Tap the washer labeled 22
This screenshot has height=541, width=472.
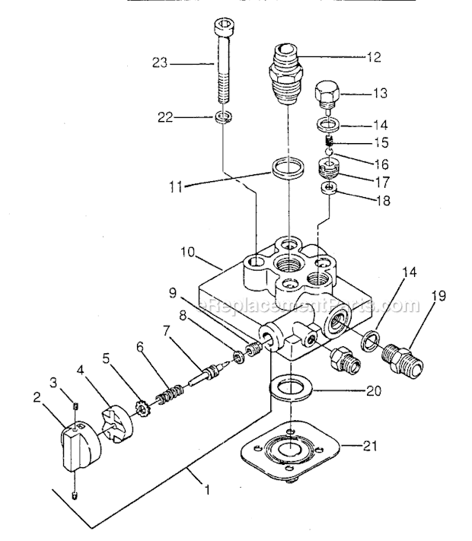click(222, 118)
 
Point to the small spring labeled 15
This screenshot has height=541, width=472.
click(329, 142)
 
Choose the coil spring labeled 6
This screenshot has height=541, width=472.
click(167, 396)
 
